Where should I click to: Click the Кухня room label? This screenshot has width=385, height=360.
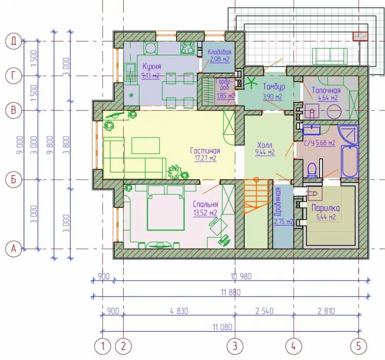coord(152,67)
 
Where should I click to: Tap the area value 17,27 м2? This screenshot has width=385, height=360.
coord(205,158)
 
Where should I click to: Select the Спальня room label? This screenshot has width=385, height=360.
coord(205,204)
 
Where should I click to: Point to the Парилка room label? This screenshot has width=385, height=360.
coord(326,208)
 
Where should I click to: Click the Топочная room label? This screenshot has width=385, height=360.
coord(326,90)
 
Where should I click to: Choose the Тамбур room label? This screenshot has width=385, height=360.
coord(274,87)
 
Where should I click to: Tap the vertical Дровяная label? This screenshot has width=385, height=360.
coord(278,201)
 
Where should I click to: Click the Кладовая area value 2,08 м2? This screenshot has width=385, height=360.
coord(219,59)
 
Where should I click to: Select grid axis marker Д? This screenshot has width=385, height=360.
coord(13,41)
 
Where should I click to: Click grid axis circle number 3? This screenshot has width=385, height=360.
coord(235,346)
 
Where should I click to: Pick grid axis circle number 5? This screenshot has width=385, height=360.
coord(359,346)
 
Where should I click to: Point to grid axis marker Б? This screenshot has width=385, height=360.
coord(13,179)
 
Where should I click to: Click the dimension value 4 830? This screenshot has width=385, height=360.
coord(179,311)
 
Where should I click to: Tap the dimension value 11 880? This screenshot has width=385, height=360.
coord(231,293)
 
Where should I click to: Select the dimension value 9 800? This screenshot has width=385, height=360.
coord(50,145)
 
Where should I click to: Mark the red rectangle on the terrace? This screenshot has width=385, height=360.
coord(360,36)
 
